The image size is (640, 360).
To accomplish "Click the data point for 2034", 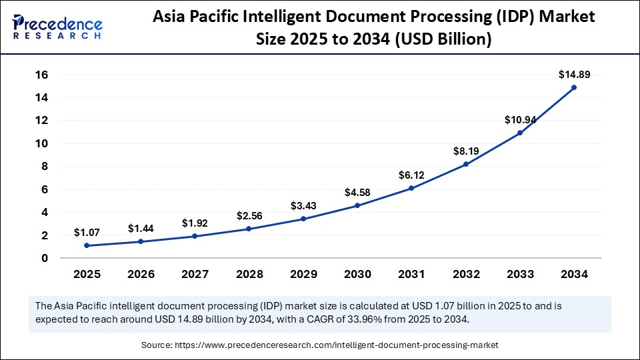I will point(573,87).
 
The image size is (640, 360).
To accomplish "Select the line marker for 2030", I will point(357,205).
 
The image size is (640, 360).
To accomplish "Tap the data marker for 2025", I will point(87,245).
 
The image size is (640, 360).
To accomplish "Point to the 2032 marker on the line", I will point(465,164).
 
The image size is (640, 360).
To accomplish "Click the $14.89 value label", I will point(573,75).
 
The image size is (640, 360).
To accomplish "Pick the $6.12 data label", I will point(411,175).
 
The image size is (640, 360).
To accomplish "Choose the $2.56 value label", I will point(249,215).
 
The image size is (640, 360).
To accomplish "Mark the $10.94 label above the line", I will point(519,120).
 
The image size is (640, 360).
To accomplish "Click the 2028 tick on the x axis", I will point(249,273).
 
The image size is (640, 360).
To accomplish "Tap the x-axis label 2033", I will point(519,273).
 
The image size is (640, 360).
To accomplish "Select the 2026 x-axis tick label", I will point(141,273).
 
